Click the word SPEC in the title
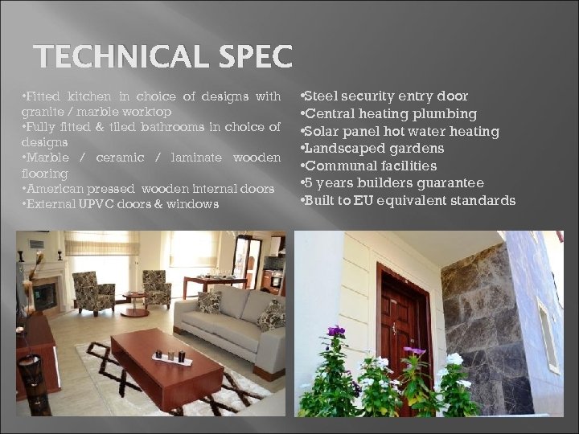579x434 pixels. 254,58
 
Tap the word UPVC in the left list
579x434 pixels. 98,204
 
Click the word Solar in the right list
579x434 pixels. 322,131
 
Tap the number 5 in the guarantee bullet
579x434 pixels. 308,183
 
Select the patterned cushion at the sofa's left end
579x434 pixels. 209,302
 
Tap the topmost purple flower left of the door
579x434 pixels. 335,330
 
